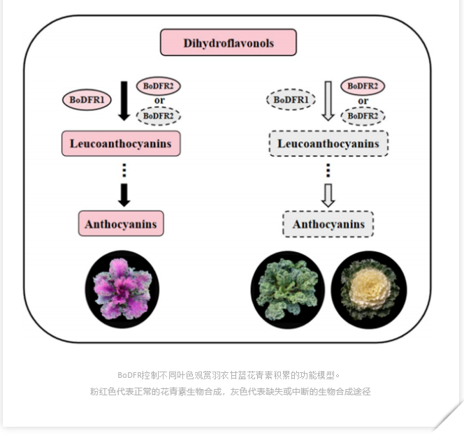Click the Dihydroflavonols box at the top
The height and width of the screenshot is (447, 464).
pos(228,43)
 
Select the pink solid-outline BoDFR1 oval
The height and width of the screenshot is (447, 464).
pos(87,100)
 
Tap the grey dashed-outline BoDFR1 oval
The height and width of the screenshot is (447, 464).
pos(291,100)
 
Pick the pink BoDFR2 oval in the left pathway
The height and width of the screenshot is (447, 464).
pos(159,86)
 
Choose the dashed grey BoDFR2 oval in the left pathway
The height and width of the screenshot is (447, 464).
pos(159,116)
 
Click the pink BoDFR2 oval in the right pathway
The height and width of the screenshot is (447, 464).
pos(363,86)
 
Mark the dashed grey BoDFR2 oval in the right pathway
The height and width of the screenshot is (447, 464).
pos(363,116)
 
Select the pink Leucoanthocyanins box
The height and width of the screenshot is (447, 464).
pos(121,143)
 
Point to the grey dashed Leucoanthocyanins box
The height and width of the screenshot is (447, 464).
pos(328,143)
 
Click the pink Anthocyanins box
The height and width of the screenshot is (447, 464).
pos(121,223)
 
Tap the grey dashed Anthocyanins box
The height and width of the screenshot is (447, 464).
pos(328,224)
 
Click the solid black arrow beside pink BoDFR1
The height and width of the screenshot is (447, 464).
pos(124,101)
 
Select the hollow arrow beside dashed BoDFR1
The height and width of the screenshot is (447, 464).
pos(328,101)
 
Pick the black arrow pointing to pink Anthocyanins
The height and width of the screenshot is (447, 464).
pos(124,196)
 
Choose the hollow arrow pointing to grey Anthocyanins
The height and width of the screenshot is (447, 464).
pos(328,196)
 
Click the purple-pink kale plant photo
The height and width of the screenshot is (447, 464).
pos(122,289)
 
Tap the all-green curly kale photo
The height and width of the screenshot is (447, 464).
pos(288,290)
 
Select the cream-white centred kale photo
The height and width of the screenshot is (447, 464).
pos(369,290)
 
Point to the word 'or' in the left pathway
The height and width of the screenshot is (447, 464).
pos(159,101)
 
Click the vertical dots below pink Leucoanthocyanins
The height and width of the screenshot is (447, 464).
pos(124,170)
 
